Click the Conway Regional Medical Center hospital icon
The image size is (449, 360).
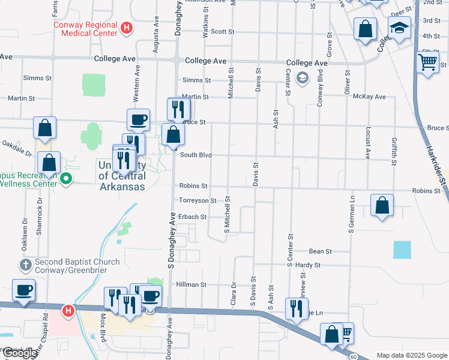point(126,27)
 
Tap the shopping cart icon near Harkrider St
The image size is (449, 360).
point(427,61)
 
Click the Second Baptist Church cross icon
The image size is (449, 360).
point(25,265)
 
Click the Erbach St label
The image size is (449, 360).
point(192,217)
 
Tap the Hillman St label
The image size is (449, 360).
point(191,285)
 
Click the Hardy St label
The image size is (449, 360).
point(307,265)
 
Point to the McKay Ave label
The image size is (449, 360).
point(369,96)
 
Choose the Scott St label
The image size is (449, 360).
point(221,31)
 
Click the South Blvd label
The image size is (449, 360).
point(196,155)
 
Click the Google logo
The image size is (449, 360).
point(20,353)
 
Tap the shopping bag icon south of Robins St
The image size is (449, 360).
point(382,206)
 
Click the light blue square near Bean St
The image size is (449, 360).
point(402,250)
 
